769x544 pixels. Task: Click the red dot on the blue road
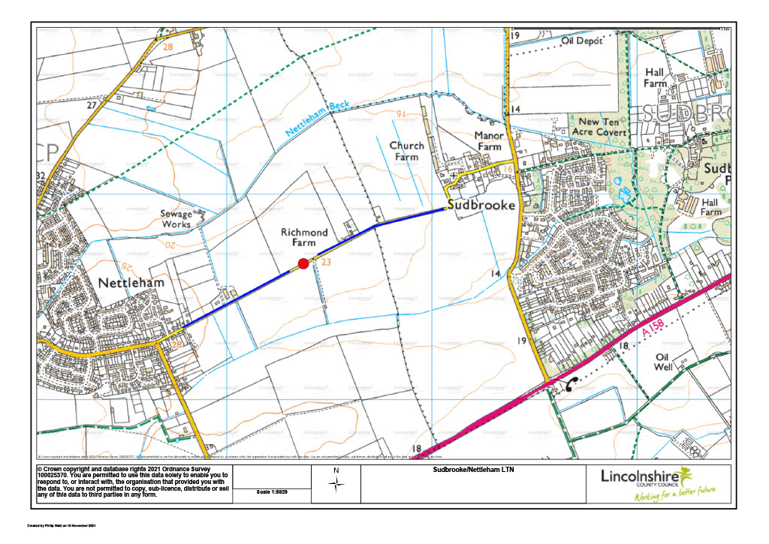(303, 263)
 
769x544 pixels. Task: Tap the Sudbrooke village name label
(480, 204)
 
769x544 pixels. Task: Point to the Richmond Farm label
(304, 239)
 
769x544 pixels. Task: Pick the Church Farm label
(406, 151)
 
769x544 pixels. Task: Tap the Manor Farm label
(487, 141)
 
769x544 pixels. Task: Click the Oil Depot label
(582, 41)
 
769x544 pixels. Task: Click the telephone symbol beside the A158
(571, 384)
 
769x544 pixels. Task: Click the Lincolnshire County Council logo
(656, 484)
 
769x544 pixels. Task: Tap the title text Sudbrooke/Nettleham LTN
(472, 470)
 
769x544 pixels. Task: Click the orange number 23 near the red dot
(326, 263)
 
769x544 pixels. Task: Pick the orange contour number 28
(167, 47)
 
